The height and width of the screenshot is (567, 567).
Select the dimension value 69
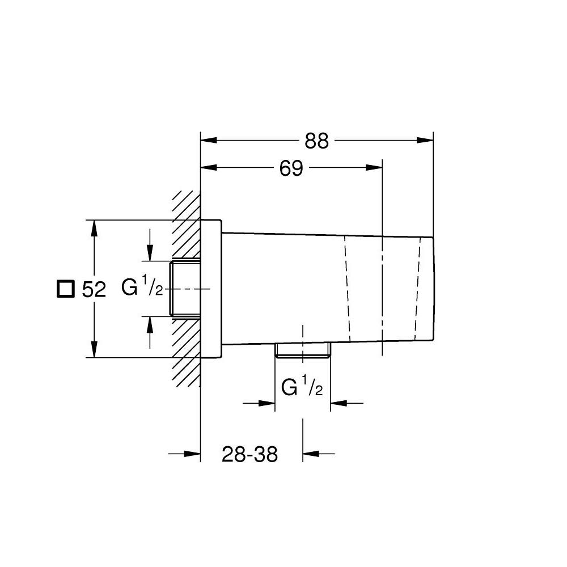(x=291, y=168)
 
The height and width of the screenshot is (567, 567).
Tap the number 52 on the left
(x=94, y=290)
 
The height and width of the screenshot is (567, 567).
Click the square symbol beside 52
(x=65, y=289)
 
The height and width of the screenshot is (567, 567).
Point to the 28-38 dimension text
(x=249, y=454)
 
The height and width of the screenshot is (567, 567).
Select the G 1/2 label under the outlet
(x=302, y=388)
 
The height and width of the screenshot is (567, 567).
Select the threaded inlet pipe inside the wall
(x=185, y=289)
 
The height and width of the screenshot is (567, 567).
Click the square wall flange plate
(x=210, y=289)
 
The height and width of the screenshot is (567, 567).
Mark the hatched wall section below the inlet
(x=186, y=352)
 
